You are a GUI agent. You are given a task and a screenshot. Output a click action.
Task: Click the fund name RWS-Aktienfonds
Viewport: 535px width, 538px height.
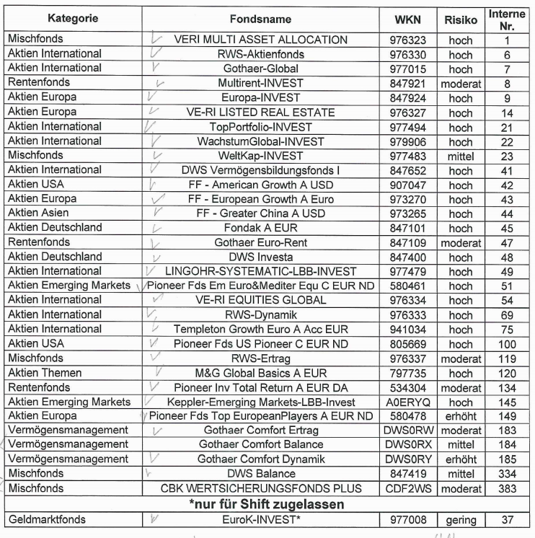pyautogui.click(x=266, y=54)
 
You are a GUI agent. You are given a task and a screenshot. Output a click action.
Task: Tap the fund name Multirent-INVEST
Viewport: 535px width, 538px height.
pyautogui.click(x=266, y=83)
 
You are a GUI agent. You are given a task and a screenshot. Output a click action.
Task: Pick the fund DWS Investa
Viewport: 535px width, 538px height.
pyautogui.click(x=266, y=257)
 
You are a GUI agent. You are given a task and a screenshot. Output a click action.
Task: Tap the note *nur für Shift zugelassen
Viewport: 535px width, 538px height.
pyautogui.click(x=266, y=503)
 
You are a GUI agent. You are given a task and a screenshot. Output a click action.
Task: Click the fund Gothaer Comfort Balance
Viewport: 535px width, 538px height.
pyautogui.click(x=266, y=445)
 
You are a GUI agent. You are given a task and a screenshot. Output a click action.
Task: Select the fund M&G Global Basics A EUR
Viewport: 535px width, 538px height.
pyautogui.click(x=266, y=372)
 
